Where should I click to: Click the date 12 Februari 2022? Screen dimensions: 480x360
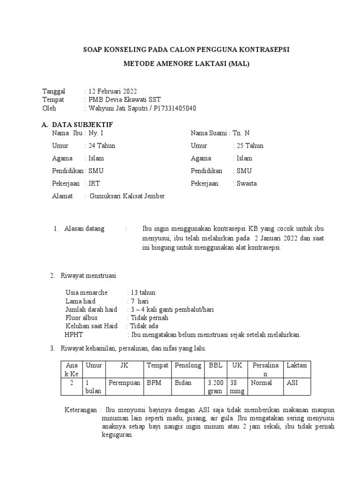pos(112,91)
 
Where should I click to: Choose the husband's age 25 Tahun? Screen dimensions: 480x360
pos(250,146)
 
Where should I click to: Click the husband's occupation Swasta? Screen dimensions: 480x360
pos(247,184)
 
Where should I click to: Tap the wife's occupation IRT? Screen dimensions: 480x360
pos(94,184)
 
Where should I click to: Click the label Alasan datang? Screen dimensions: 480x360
pos(84,229)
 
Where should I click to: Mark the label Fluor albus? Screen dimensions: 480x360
pos(82,318)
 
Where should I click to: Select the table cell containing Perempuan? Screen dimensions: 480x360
pos(125,383)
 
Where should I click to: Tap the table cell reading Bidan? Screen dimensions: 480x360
pos(183,383)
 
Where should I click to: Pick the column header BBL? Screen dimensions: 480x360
pos(215,366)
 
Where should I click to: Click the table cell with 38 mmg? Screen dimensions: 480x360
pos(236,387)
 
